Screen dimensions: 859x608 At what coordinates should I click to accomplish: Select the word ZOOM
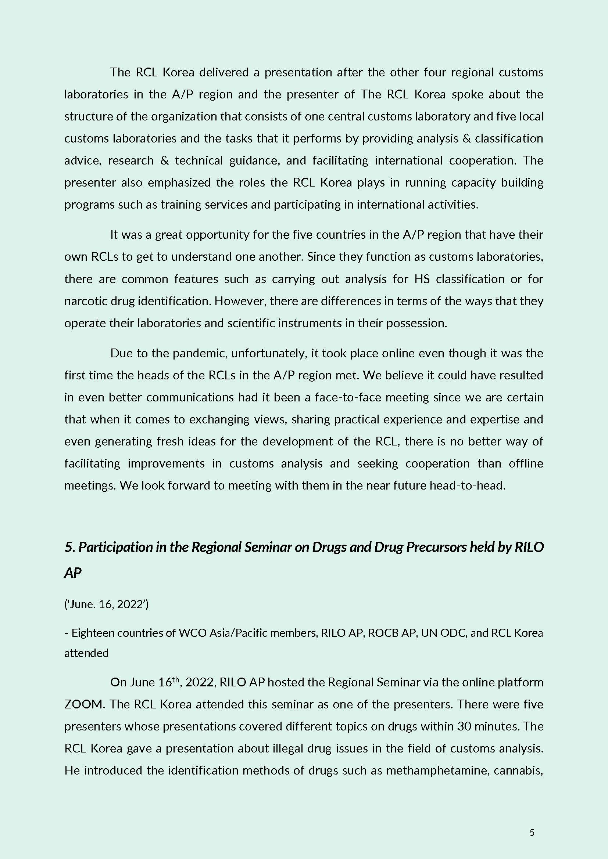pyautogui.click(x=83, y=704)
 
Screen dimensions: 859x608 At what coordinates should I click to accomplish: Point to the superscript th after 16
pyautogui.click(x=176, y=678)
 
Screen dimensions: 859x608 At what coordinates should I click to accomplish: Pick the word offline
pyautogui.click(x=526, y=463)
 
